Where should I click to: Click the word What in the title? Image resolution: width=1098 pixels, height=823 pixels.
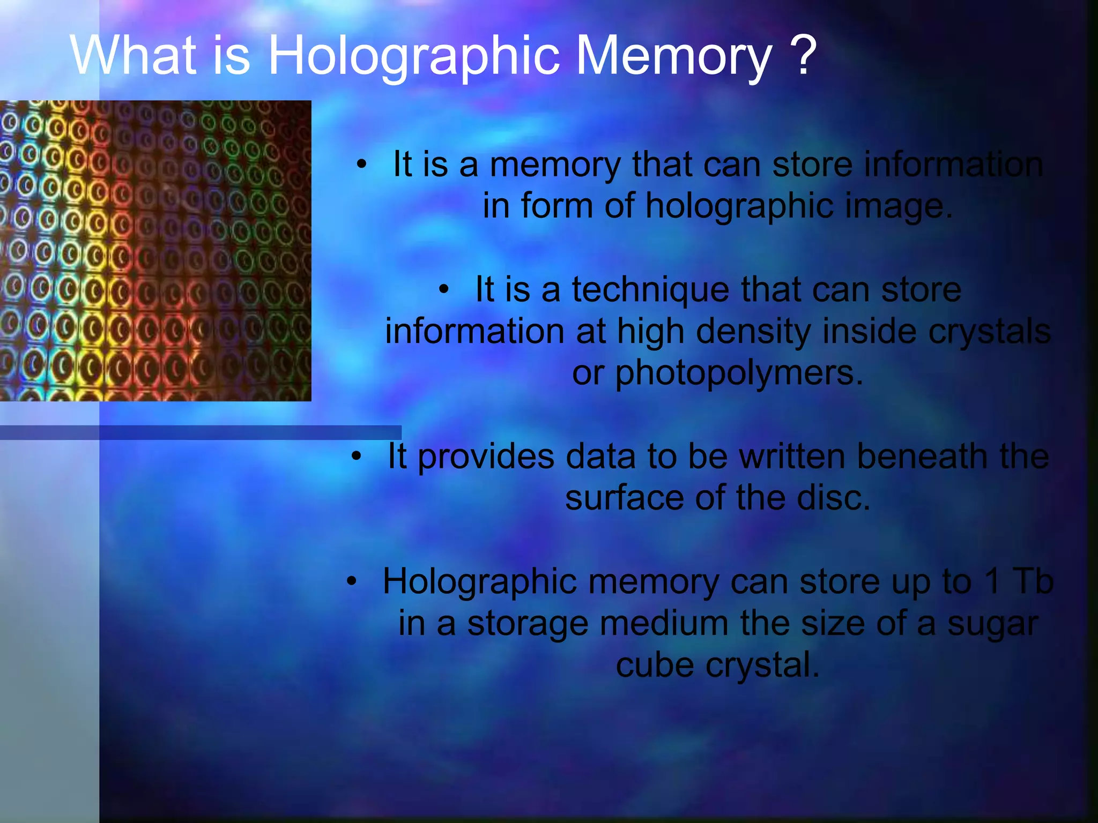pos(133,56)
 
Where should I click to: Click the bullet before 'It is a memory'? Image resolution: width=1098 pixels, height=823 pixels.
pos(362,165)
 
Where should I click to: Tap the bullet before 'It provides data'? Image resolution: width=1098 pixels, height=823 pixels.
pos(357,457)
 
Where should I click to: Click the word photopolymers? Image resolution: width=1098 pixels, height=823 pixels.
pos(739,374)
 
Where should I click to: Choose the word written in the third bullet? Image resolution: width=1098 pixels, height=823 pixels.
pos(791,457)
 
